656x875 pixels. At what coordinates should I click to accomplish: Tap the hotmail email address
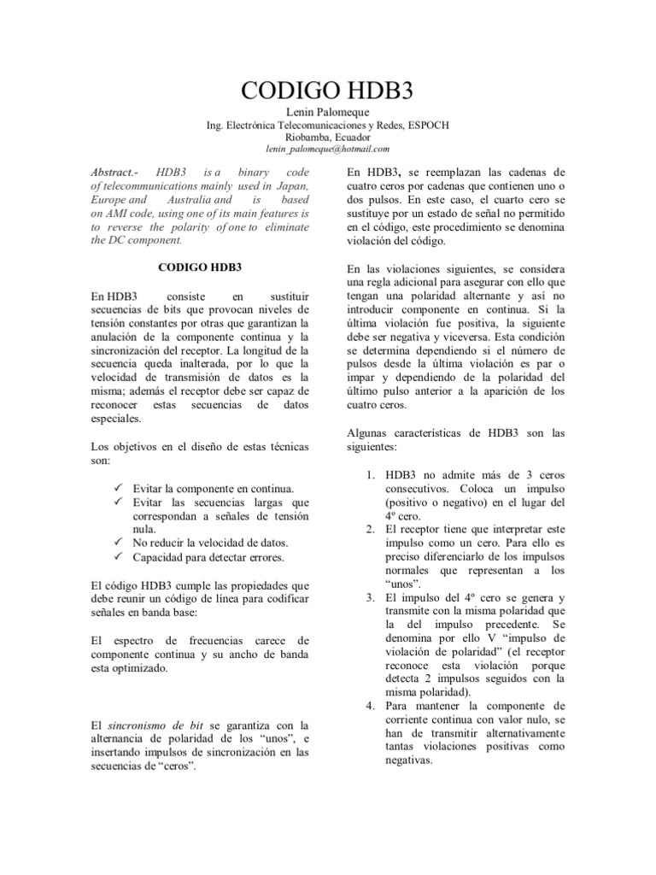[327, 149]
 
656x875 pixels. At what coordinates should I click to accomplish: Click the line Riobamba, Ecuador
[327, 137]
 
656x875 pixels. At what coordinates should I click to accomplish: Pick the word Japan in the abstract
[291, 185]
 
